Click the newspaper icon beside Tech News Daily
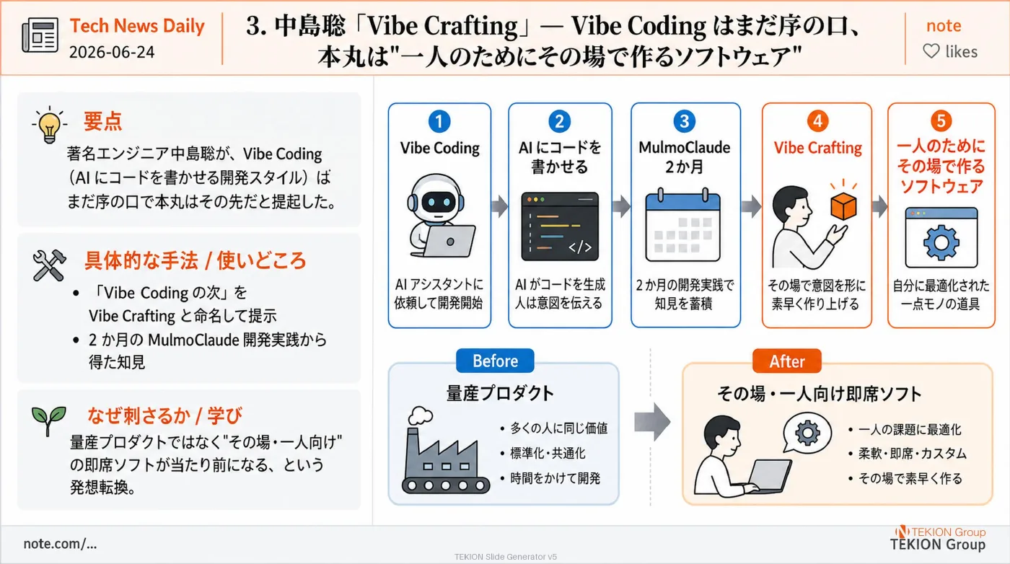click(40, 35)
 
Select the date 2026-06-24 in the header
click(112, 53)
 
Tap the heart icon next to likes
click(931, 51)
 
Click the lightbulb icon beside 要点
click(50, 125)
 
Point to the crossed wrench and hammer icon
click(50, 265)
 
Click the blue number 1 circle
click(439, 121)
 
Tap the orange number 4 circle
click(817, 121)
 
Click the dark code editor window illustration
click(560, 226)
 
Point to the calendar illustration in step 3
click(683, 226)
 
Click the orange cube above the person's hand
click(843, 206)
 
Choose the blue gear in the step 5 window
click(941, 242)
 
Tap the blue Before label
click(495, 361)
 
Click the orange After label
click(787, 361)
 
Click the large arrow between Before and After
click(652, 422)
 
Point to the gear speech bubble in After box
click(807, 433)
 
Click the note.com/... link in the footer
click(60, 544)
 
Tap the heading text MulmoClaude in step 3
click(684, 147)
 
